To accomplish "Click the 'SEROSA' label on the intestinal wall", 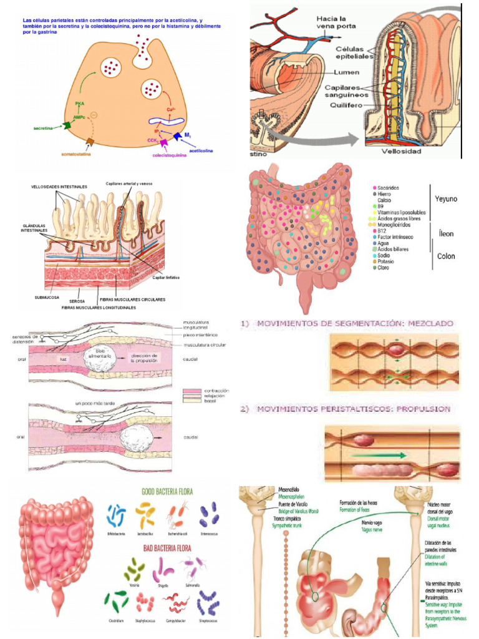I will coord(77,301).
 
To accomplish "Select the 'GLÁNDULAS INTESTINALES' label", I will coord(36,228).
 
